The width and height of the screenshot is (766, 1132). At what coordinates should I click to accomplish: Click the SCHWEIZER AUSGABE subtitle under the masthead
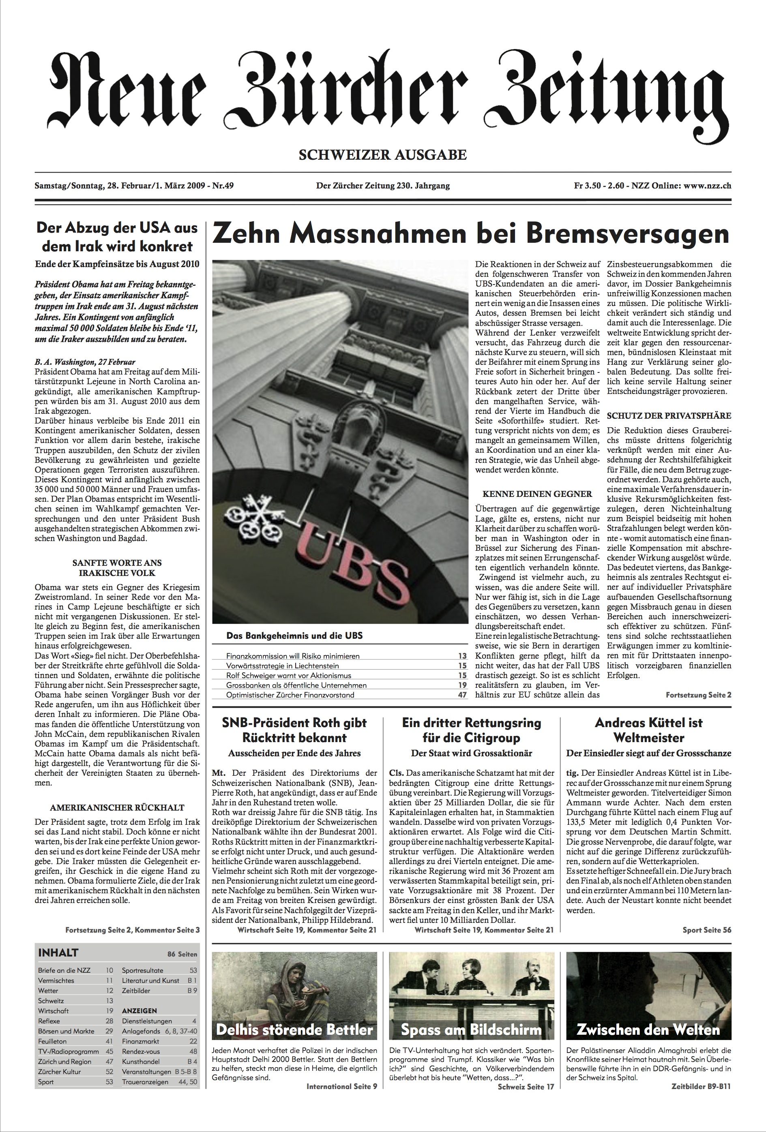coord(382,155)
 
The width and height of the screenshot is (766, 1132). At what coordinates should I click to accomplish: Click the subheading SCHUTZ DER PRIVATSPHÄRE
coord(669,415)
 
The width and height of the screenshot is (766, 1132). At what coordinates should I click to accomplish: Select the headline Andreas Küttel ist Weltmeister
coord(648,730)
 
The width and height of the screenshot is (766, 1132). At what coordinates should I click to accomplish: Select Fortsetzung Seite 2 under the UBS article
coord(698,695)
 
